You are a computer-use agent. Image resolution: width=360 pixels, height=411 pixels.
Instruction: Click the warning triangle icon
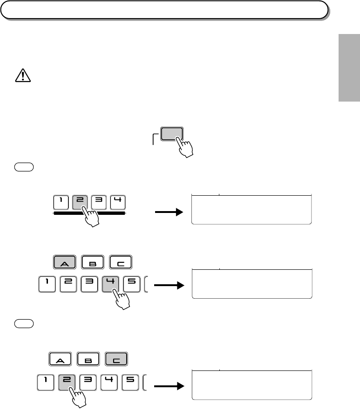pos(22,75)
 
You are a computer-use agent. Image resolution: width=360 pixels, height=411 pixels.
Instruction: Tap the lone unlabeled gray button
pos(171,135)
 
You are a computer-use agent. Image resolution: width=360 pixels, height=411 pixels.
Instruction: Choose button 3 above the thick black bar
pos(99,203)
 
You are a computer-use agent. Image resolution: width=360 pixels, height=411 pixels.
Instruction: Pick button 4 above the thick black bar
pos(117,203)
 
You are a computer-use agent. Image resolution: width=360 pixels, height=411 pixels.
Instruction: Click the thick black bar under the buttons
pos(89,213)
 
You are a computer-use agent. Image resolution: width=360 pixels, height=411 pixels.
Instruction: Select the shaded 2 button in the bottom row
pos(67,382)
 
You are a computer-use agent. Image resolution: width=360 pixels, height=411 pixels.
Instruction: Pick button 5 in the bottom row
pos(131,382)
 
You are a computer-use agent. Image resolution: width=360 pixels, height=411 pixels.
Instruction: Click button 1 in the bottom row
pos(45,382)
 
